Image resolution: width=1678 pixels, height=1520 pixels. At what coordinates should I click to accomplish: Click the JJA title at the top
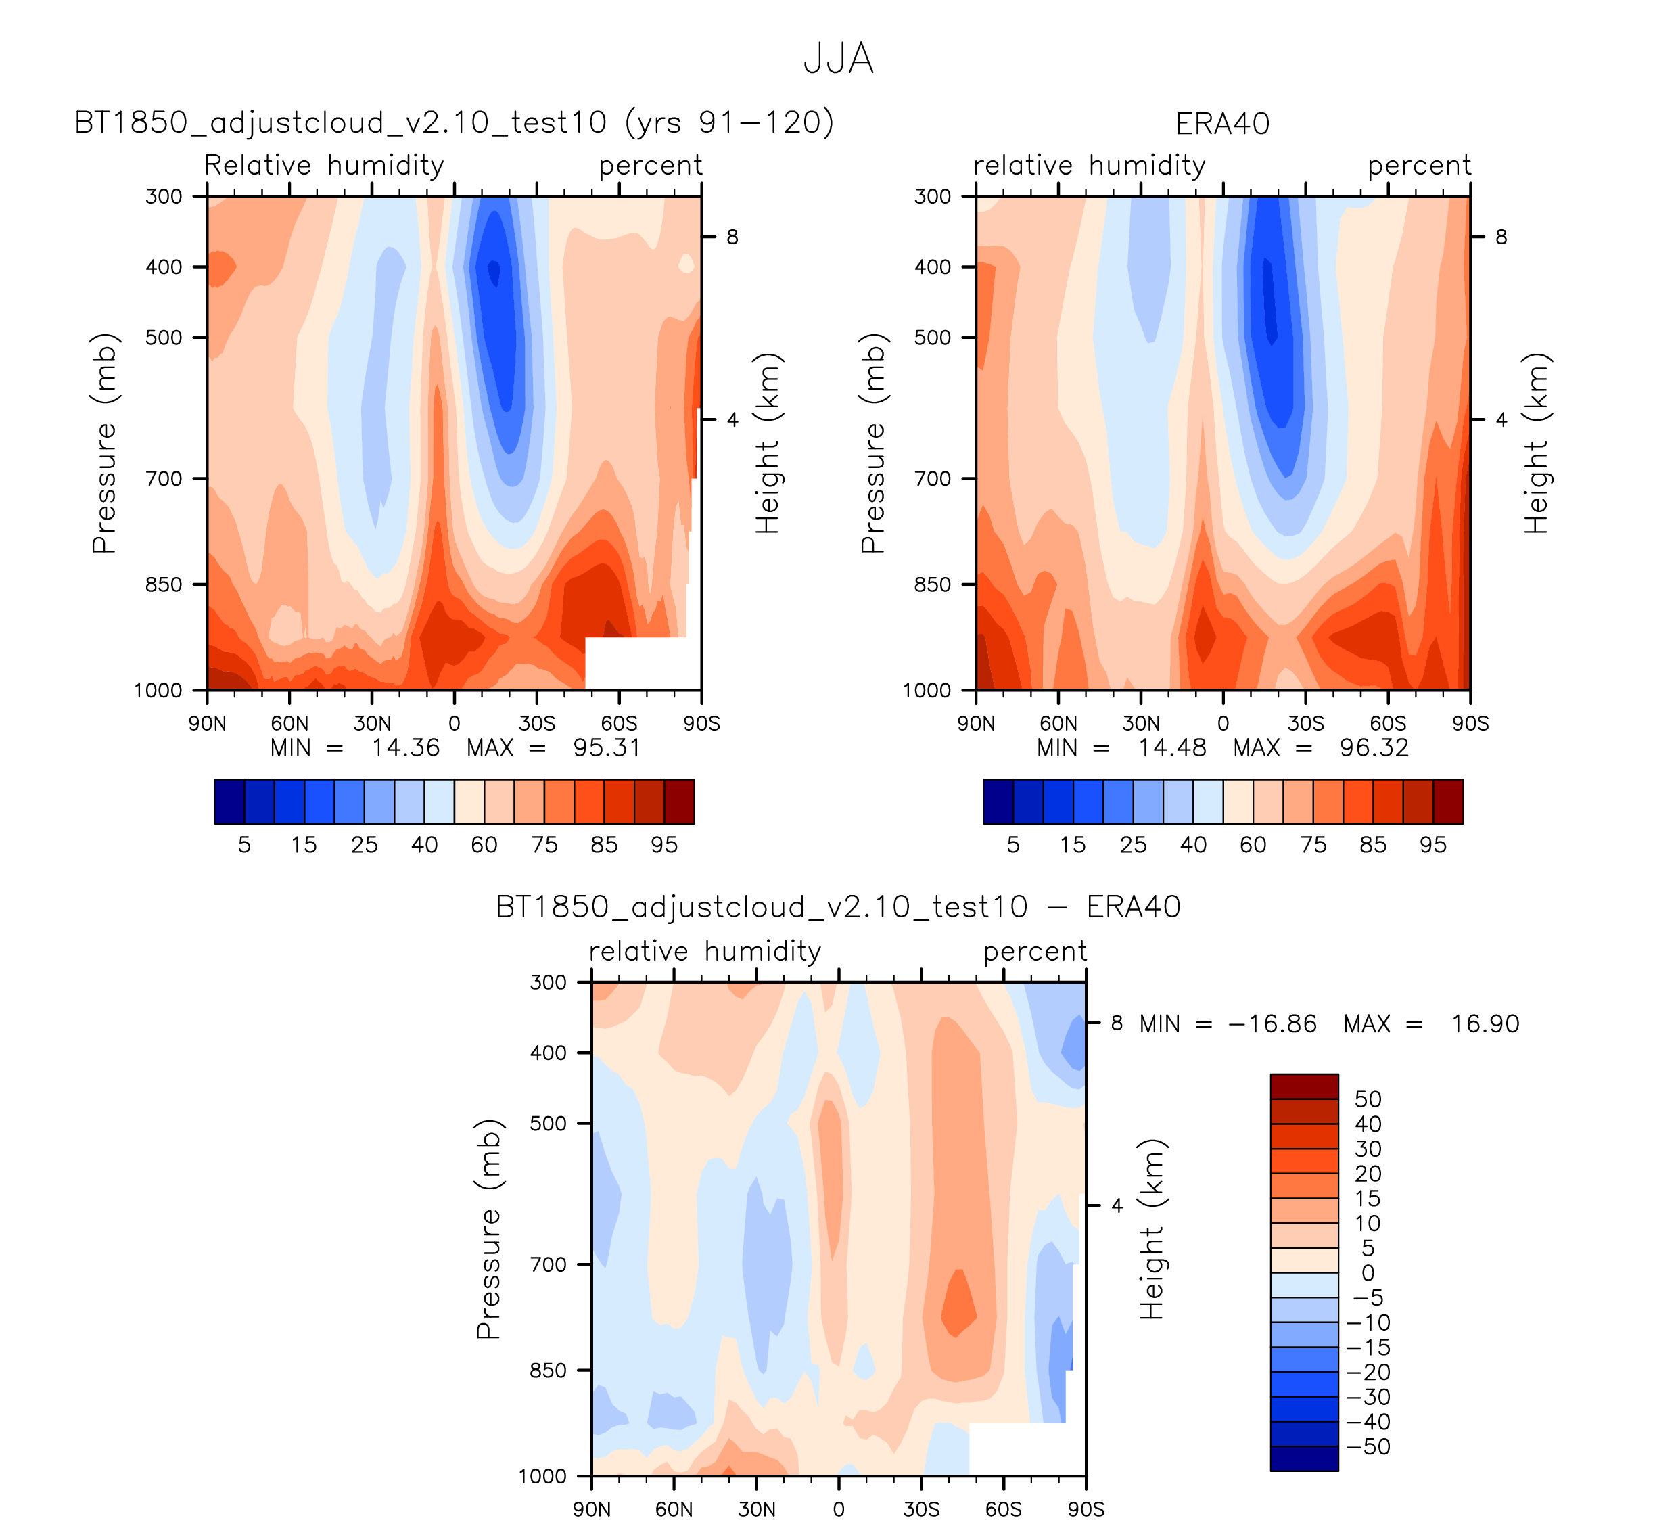[838, 59]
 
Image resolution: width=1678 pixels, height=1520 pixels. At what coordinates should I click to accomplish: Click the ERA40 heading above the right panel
[1222, 124]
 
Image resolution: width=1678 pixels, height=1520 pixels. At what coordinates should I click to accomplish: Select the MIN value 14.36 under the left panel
[405, 747]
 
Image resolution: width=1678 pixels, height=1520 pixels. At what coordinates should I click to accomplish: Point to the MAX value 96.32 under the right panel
[1374, 747]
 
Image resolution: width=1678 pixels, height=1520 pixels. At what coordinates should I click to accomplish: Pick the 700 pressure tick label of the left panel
[164, 479]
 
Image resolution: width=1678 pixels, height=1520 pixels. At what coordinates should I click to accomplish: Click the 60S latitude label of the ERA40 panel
[1388, 723]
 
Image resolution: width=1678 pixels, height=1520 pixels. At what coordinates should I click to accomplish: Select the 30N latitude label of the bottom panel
[755, 1509]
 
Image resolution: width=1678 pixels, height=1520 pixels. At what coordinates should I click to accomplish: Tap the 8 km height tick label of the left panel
[732, 237]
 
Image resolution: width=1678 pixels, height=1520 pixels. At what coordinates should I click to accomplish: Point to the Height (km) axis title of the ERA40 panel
[1536, 443]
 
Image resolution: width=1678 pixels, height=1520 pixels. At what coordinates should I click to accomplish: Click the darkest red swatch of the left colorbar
[679, 802]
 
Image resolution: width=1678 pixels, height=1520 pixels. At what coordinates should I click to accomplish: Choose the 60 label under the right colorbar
[1253, 845]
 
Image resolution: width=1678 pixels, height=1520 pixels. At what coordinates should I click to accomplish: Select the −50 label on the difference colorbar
[1368, 1447]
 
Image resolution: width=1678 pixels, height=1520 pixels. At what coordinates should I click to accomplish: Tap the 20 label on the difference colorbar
[1368, 1174]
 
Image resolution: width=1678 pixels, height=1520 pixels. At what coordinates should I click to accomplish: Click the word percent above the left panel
[650, 166]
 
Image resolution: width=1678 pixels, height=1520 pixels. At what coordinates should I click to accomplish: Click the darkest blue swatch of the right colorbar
[998, 802]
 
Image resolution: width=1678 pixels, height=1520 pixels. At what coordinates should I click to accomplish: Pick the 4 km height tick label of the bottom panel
[1117, 1205]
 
